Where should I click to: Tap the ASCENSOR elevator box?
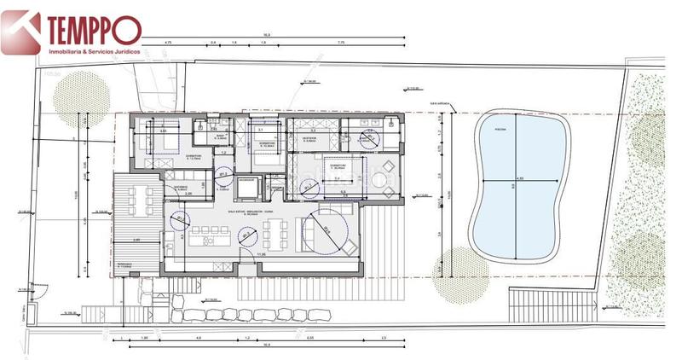coord(246,181)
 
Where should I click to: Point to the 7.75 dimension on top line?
coord(340,42)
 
